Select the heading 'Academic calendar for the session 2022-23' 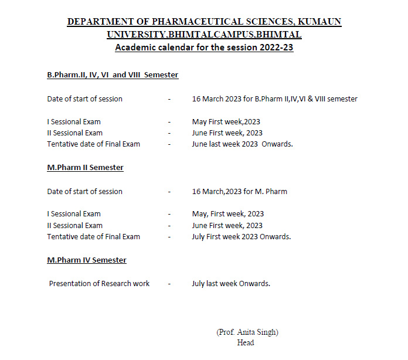point(204,47)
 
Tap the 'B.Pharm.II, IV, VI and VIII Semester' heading point(113,75)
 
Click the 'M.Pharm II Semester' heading point(85,168)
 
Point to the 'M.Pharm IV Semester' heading point(87,260)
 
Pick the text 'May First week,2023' point(226,122)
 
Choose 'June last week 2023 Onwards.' point(242,144)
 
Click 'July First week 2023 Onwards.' point(242,237)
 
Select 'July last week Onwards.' point(231,284)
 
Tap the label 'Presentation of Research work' point(99,284)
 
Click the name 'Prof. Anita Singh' point(247,332)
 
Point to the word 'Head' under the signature point(246,342)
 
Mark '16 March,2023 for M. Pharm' point(240,192)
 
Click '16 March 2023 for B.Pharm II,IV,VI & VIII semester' point(274,99)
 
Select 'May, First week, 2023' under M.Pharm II point(228,214)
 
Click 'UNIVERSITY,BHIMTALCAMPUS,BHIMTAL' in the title point(204,35)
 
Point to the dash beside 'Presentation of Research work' point(169,284)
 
